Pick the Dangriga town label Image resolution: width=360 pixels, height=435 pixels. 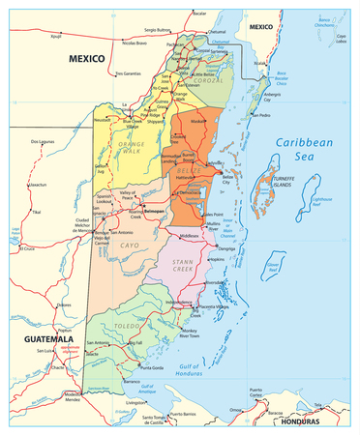point(226,247)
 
